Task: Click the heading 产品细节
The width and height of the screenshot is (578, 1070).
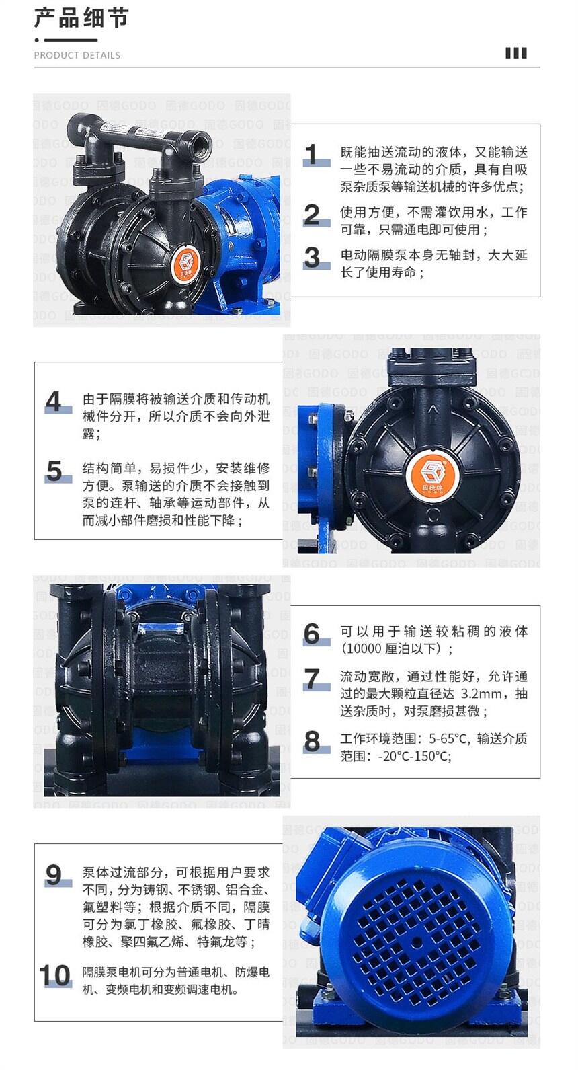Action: pyautogui.click(x=81, y=18)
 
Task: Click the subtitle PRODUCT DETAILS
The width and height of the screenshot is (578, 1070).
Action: pyautogui.click(x=77, y=55)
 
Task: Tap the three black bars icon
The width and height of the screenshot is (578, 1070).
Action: pyautogui.click(x=516, y=52)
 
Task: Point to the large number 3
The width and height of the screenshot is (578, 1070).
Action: pyautogui.click(x=312, y=258)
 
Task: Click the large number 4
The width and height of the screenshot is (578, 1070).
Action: pyautogui.click(x=54, y=402)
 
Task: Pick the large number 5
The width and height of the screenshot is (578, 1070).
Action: pyautogui.click(x=54, y=471)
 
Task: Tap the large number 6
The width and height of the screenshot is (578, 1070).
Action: pyautogui.click(x=312, y=634)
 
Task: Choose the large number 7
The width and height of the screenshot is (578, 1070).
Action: pyautogui.click(x=312, y=679)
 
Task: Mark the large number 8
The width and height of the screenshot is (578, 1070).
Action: pyautogui.click(x=312, y=741)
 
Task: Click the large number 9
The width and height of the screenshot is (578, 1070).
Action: pyautogui.click(x=54, y=875)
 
